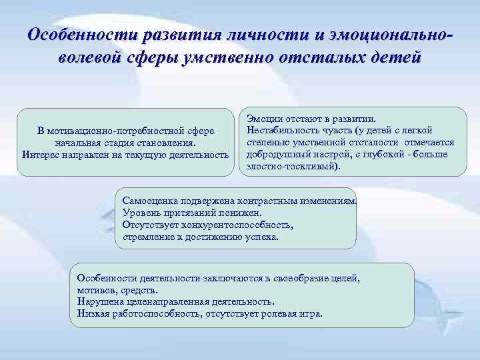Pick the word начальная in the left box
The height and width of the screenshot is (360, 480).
pyautogui.click(x=75, y=143)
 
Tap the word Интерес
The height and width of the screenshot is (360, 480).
pyautogui.click(x=41, y=155)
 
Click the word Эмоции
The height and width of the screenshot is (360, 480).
pyautogui.click(x=263, y=118)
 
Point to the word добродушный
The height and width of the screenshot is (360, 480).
pyautogui.click(x=277, y=154)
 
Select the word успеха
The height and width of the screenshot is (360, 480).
pyautogui.click(x=261, y=237)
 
